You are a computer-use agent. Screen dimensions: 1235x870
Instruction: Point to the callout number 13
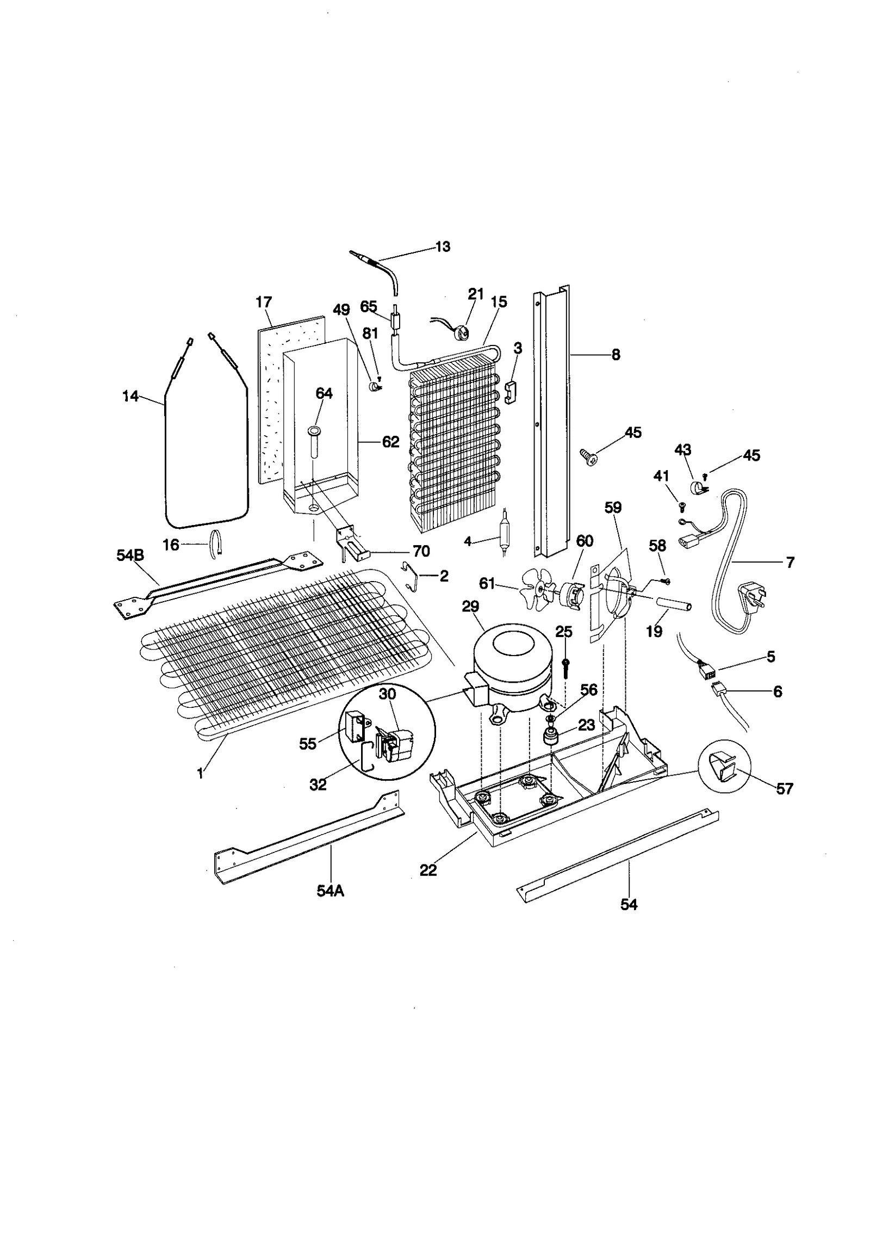pos(443,246)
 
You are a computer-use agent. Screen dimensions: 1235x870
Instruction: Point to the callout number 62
pos(390,442)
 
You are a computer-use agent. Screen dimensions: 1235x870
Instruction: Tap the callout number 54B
pos(130,555)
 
